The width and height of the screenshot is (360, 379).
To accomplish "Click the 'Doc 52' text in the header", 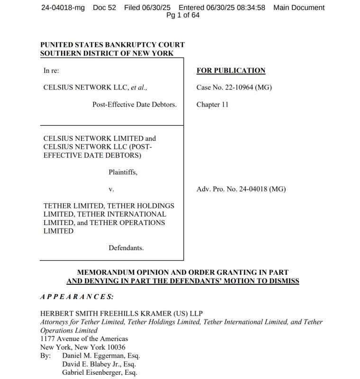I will [104, 8].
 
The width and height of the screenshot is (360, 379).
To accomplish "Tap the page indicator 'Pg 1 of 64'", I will [183, 15].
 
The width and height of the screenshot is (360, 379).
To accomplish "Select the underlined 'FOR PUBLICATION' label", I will [231, 71].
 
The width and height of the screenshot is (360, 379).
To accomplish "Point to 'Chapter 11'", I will [212, 104].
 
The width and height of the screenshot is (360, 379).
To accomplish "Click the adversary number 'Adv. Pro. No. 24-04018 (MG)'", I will [241, 189].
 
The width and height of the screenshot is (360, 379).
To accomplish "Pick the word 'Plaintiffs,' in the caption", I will [123, 172].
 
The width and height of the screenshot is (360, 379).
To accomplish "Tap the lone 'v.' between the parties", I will [111, 189].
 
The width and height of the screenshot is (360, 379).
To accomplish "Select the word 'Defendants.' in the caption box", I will [126, 248].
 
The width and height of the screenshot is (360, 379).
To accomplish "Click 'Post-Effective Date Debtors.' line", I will [134, 104].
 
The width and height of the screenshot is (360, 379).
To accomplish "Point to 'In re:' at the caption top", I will [51, 71].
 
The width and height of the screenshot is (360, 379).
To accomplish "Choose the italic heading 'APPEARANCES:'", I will [77, 297].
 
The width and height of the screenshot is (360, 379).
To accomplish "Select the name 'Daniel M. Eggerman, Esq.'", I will [101, 355].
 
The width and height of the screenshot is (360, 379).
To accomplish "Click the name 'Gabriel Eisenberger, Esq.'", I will [99, 372].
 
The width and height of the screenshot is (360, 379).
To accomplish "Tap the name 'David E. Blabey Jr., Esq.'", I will [99, 364].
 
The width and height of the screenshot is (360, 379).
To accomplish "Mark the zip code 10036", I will [116, 347].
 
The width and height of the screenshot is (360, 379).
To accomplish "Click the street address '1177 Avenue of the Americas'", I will [84, 339].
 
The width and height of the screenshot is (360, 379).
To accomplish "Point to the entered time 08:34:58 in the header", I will [249, 8].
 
